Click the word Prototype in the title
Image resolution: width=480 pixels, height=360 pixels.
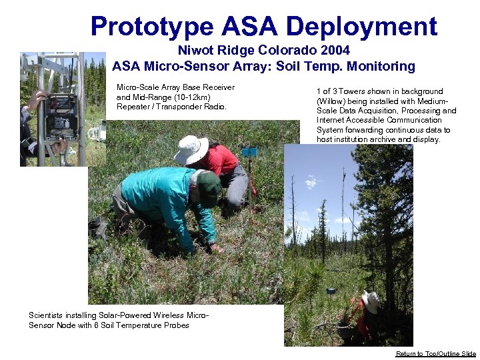click(152, 27)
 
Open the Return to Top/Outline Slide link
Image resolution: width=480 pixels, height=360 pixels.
click(436, 354)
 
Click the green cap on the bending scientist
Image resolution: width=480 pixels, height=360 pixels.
click(208, 189)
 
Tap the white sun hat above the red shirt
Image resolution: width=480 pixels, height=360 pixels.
click(191, 149)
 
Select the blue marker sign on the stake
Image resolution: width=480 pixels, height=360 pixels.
click(249, 152)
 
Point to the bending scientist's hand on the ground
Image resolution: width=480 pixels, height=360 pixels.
click(215, 248)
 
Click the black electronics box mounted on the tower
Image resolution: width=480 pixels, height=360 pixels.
click(61, 113)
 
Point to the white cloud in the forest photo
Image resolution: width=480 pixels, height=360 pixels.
click(311, 181)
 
